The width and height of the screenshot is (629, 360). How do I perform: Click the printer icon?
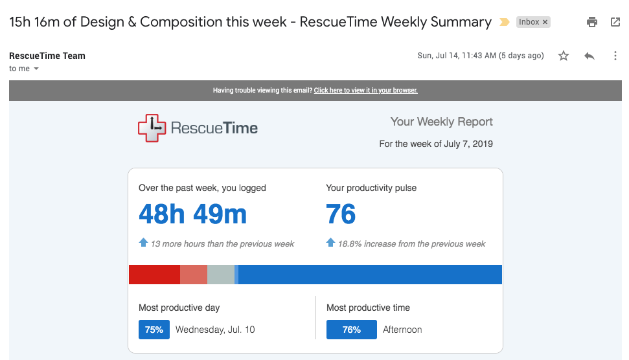point(591,22)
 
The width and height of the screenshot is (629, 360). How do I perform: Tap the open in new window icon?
point(615,22)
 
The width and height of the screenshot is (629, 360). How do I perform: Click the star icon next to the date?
point(564,56)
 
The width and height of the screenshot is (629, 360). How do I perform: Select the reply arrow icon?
point(589,56)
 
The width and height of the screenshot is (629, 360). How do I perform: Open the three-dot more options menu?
point(615,56)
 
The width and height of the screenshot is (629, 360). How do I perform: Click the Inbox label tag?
point(533,22)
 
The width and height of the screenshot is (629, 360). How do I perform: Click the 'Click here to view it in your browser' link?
point(365,91)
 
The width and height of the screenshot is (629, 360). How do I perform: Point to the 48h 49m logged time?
point(192,214)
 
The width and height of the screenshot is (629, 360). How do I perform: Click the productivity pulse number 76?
point(341,214)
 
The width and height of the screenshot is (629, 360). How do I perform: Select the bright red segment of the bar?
point(154,275)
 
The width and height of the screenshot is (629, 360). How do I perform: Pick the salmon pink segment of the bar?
point(194,275)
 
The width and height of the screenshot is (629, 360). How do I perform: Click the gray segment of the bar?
point(220,275)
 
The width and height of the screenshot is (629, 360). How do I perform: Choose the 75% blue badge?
point(154,330)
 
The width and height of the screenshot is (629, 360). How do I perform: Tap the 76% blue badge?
point(352,330)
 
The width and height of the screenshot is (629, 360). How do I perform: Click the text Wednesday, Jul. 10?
point(215,330)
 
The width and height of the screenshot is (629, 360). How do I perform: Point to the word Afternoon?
point(402,330)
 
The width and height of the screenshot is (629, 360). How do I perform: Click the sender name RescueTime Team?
point(47,56)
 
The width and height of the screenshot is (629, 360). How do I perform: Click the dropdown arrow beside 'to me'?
point(36,69)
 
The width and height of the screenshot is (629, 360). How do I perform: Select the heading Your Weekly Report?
point(441,122)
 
